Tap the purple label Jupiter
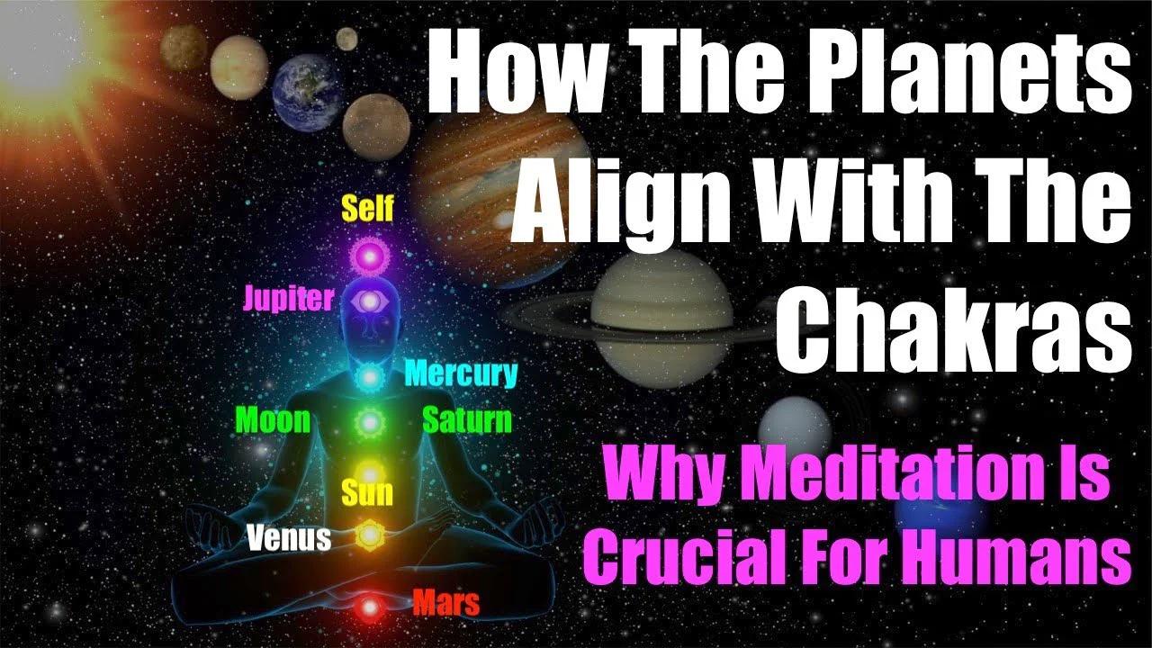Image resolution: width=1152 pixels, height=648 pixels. point(289,299)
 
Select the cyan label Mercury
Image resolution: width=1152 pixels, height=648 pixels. point(462,373)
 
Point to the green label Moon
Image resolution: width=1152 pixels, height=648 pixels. point(273,419)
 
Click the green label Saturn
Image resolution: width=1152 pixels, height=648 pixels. point(467,419)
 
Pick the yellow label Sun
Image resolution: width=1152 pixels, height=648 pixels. point(367,492)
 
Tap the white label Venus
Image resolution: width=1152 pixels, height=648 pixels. point(289,538)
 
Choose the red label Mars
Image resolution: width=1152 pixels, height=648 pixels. point(446,602)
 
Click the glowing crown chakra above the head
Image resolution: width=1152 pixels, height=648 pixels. point(368,256)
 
